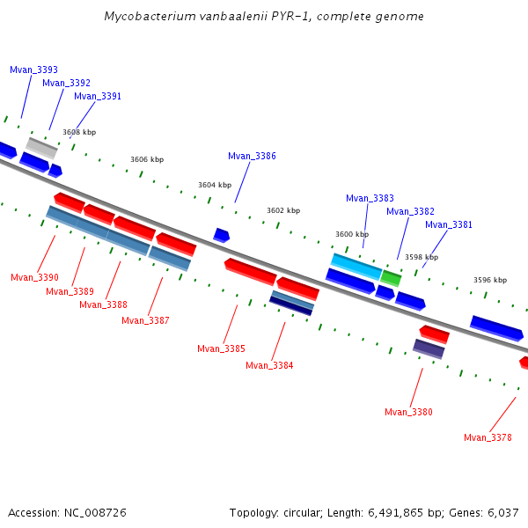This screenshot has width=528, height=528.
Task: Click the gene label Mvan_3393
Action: [33, 70]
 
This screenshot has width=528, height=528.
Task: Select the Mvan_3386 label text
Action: [252, 156]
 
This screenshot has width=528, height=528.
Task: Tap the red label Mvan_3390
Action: [34, 277]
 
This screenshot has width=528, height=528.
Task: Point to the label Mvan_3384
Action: [269, 365]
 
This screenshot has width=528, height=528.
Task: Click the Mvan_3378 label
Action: [488, 437]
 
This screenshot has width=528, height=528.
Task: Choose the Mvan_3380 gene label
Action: [408, 412]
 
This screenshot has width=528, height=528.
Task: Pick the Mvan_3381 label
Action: [449, 224]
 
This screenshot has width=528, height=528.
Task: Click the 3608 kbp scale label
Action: [78, 132]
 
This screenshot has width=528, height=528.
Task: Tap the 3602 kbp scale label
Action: [283, 210]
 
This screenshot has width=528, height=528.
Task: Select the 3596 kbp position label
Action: [490, 280]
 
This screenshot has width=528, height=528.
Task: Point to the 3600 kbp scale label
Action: [352, 234]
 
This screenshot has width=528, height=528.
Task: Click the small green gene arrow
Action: [391, 278]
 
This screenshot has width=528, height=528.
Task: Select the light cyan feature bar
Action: [356, 266]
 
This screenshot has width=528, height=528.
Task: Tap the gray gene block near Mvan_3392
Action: [41, 147]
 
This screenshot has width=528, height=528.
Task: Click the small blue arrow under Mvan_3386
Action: [222, 235]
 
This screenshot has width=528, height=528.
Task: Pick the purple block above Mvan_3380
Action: [429, 348]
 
